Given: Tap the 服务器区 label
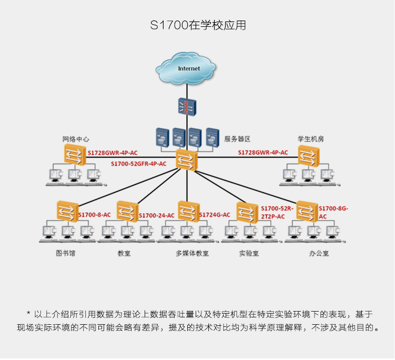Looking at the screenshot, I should pos(237,139).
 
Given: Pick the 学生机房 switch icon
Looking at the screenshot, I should pos(309,156).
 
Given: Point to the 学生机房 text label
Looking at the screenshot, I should pos(310,139).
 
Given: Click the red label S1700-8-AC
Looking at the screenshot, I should pos(95,215).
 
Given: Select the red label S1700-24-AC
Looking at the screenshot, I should pos(156,215).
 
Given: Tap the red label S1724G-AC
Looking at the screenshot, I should pos(215,215).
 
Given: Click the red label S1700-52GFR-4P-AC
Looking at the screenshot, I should pos(138,164).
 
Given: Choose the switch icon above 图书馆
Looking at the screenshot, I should pos(67,212).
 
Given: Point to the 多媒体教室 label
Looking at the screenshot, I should pos(192,253).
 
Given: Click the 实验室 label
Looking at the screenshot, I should pos(247,253).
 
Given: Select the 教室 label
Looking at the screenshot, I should pos(124,253).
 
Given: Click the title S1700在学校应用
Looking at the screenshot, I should pos(197,25).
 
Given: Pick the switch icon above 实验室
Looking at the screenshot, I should pos(247,212).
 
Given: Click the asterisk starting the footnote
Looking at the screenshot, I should pos(28,314).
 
